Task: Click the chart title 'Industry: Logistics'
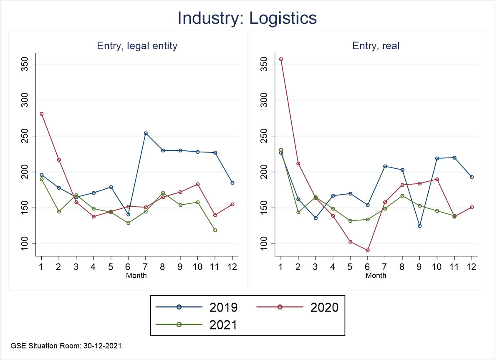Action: coord(247,18)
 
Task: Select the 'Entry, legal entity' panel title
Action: coord(137,46)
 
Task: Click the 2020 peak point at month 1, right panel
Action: coord(281,59)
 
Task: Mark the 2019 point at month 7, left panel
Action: coord(146,133)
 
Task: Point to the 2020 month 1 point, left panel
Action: coord(42,114)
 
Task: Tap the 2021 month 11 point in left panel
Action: coord(215,230)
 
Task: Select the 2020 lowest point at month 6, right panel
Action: coord(367,250)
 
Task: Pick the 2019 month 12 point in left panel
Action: coord(232,183)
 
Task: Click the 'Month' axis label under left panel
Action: coord(136,275)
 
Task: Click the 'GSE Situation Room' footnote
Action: coord(67,346)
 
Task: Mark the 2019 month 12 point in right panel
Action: coord(472,177)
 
